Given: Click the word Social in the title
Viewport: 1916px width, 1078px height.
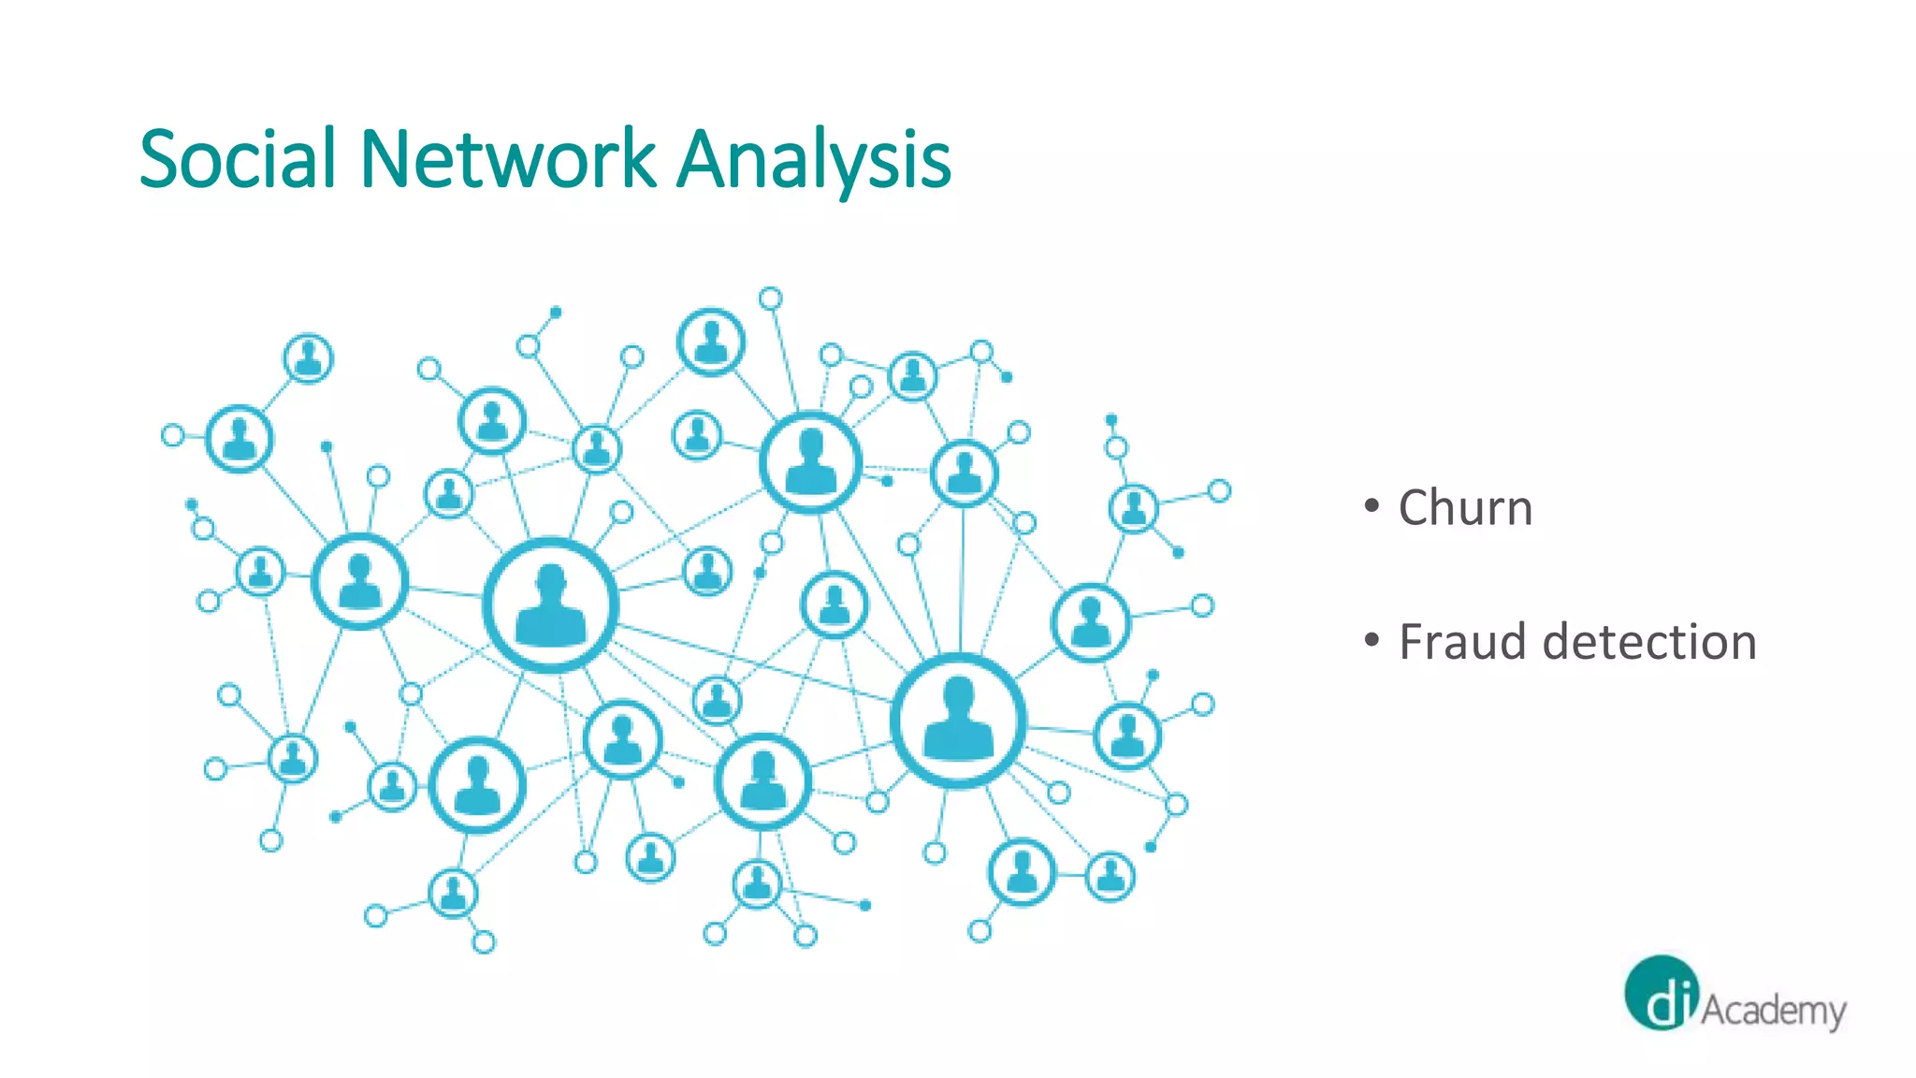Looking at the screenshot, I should pyautogui.click(x=238, y=159).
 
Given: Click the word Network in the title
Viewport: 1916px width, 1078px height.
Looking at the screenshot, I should pyautogui.click(x=507, y=159).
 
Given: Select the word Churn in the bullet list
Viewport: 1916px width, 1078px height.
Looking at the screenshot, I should pyautogui.click(x=1465, y=508).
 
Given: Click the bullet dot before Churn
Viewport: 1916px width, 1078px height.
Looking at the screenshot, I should pyautogui.click(x=1372, y=506).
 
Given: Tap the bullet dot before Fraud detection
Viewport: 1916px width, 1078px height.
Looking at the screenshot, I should pyautogui.click(x=1372, y=640).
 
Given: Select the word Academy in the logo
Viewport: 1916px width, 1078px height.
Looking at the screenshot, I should pyautogui.click(x=1773, y=1011).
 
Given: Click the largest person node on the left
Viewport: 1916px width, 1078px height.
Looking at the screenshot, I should pyautogui.click(x=550, y=605).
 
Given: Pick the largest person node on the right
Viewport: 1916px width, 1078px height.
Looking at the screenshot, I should pyautogui.click(x=958, y=720).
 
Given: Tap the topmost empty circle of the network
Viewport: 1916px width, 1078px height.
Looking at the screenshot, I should pyautogui.click(x=770, y=299).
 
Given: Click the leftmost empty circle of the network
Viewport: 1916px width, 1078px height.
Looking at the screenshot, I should pyautogui.click(x=172, y=435).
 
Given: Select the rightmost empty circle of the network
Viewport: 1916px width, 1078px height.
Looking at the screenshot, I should pyautogui.click(x=1219, y=490).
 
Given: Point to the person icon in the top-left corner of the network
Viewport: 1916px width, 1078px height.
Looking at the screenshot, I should pyautogui.click(x=308, y=358).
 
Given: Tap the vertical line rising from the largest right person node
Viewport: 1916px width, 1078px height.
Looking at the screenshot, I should pyautogui.click(x=962, y=580).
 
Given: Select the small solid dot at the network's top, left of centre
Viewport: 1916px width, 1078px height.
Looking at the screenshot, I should pyautogui.click(x=556, y=312).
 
